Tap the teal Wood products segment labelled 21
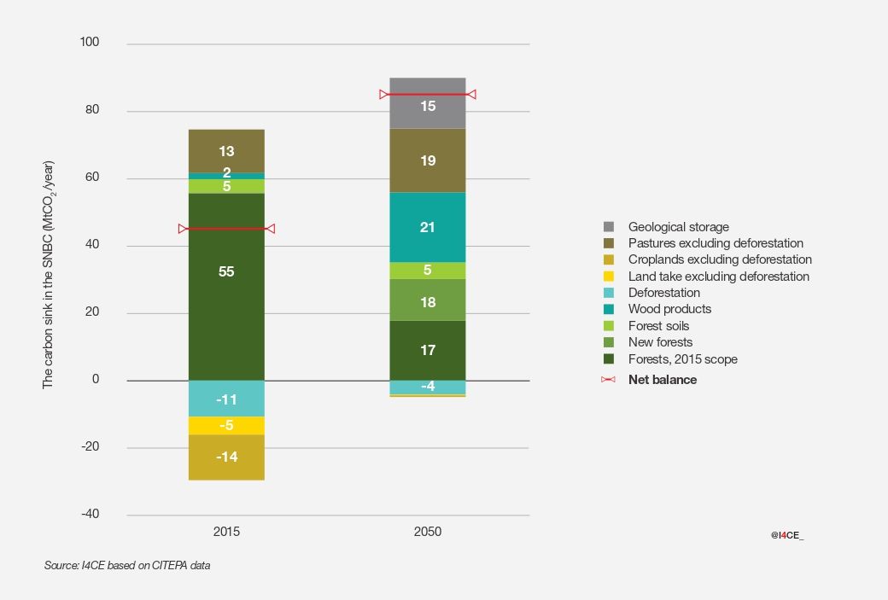[x=428, y=227]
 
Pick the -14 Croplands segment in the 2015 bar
[x=226, y=457]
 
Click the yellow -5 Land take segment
[x=226, y=425]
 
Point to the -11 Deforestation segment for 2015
[x=226, y=399]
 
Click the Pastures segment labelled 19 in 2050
[x=428, y=160]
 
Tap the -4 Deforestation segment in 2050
[x=428, y=387]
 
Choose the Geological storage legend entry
[x=678, y=227]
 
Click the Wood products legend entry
[x=669, y=309]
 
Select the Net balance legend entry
[x=662, y=380]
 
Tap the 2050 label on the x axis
[x=428, y=532]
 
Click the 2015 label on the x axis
[x=226, y=532]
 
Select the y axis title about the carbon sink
[x=49, y=275]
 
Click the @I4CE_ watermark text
[x=787, y=534]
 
